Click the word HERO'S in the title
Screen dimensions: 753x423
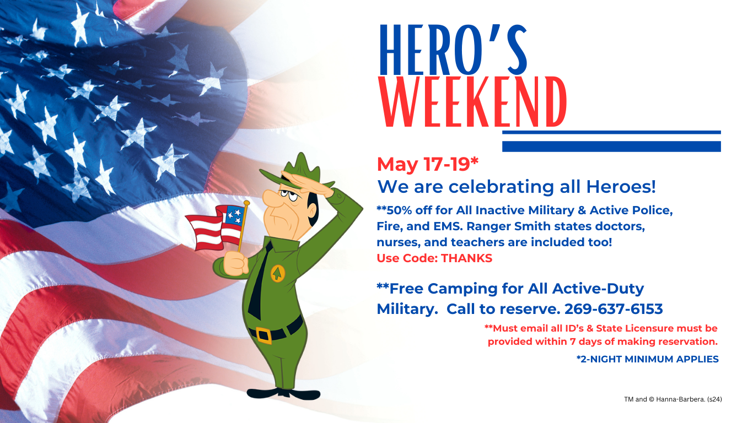[x=453, y=50]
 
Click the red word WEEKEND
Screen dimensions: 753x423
[x=472, y=102]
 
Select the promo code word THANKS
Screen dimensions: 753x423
[x=466, y=258]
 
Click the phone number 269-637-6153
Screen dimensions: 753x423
[x=614, y=309]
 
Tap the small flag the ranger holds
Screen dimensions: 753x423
[x=216, y=227]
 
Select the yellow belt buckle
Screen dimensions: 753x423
[x=263, y=335]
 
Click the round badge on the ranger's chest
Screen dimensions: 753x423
[x=278, y=274]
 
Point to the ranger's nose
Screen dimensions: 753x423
[x=271, y=198]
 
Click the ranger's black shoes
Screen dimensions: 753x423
[x=283, y=394]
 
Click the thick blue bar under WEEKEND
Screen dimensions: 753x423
[x=611, y=147]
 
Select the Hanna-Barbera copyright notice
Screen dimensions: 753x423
[x=673, y=399]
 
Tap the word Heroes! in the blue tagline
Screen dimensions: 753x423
[x=621, y=187]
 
